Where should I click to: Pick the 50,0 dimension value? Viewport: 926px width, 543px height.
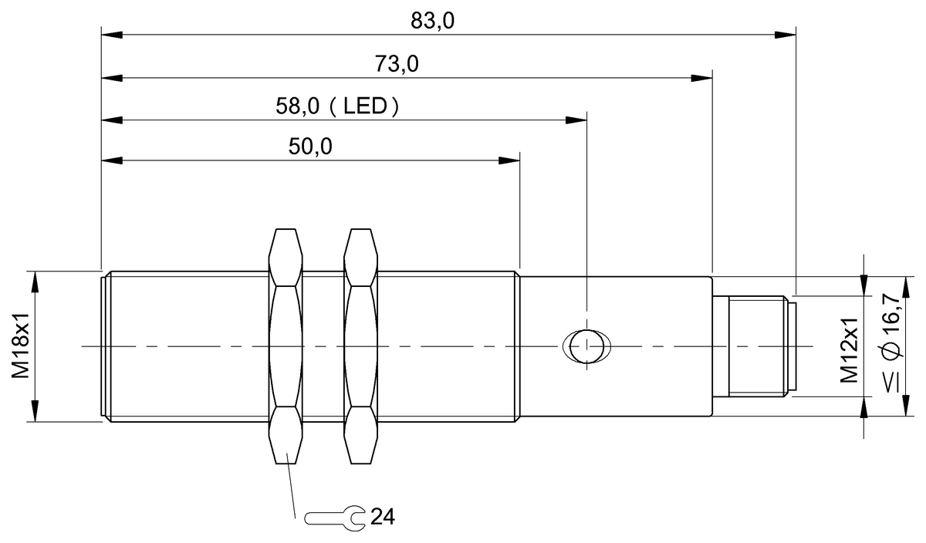(x=309, y=148)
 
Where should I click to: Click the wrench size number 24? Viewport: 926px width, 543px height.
(x=382, y=517)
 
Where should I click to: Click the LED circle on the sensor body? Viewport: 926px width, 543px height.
(x=588, y=346)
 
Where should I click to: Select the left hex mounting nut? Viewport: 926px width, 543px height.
(x=286, y=347)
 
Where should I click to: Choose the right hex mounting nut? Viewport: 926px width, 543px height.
(x=362, y=347)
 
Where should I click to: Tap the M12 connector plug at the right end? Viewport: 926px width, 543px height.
(x=752, y=347)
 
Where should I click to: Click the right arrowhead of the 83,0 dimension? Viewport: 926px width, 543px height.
(x=785, y=34)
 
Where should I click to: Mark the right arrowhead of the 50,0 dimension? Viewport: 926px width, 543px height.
(x=509, y=160)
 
